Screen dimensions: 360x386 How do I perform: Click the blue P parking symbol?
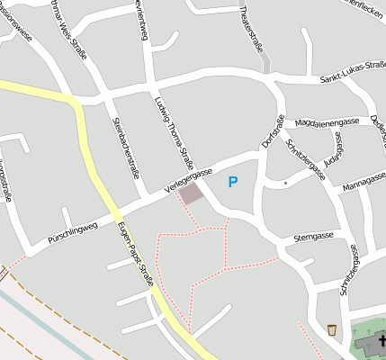coord(233,182)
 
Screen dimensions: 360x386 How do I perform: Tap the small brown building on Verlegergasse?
coord(191,193)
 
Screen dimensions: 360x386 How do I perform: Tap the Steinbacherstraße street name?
coord(126,147)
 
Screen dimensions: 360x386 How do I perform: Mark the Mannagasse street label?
coord(364,187)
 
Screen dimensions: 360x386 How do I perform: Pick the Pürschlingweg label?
coord(71,235)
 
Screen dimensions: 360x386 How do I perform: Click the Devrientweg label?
coord(141,20)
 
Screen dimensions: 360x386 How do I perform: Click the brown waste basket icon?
coord(333,329)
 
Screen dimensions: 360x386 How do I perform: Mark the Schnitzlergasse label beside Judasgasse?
coord(304,155)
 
